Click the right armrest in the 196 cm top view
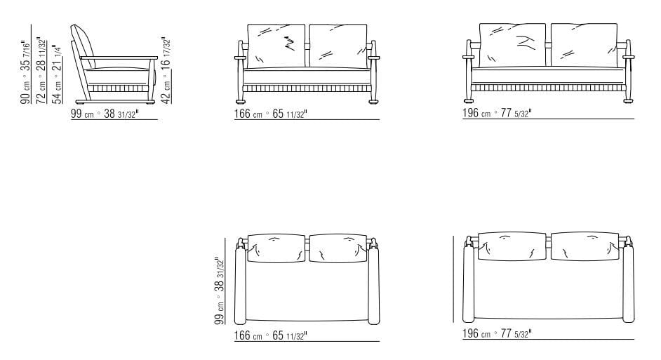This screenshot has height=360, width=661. [x=629, y=284]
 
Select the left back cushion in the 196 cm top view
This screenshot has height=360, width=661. [x=512, y=246]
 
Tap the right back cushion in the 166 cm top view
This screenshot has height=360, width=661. [x=339, y=248]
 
